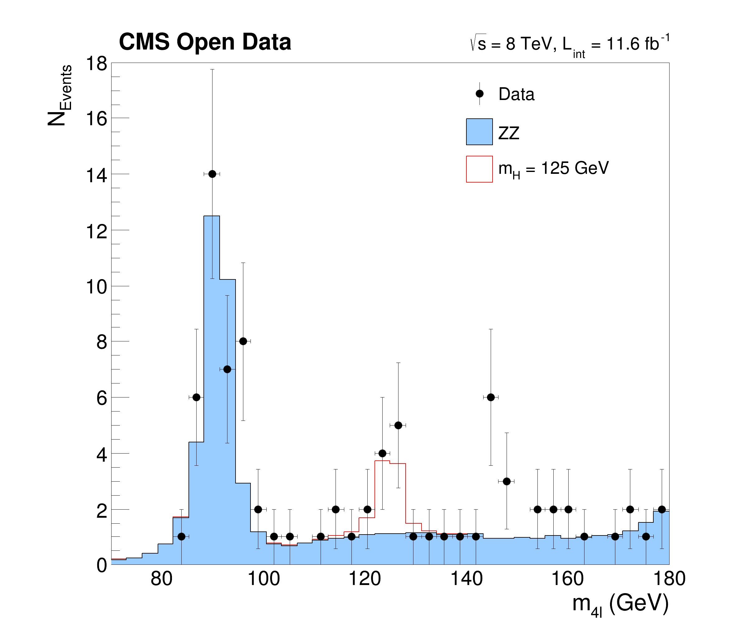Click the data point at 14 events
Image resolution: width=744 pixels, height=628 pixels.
pyautogui.click(x=212, y=174)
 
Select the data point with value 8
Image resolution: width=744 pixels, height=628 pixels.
pyautogui.click(x=243, y=341)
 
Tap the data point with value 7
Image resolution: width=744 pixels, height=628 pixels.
pyautogui.click(x=227, y=369)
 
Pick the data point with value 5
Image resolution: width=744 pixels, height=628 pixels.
pyautogui.click(x=398, y=426)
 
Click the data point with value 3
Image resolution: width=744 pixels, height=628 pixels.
pyautogui.click(x=507, y=482)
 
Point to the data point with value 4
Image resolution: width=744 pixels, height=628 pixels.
pyautogui.click(x=382, y=454)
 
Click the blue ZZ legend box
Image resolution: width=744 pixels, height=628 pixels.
pyautogui.click(x=479, y=132)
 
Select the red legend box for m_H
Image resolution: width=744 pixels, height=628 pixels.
pyautogui.click(x=479, y=169)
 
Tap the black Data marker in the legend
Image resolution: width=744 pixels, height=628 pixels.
pyautogui.click(x=479, y=94)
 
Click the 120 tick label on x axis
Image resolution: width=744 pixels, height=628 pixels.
pyautogui.click(x=365, y=578)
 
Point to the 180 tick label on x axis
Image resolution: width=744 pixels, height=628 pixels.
pyautogui.click(x=669, y=578)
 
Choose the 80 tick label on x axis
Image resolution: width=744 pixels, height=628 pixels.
pyautogui.click(x=161, y=578)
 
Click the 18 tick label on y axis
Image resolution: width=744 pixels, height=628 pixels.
pyautogui.click(x=97, y=64)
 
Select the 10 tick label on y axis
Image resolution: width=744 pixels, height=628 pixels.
pyautogui.click(x=97, y=287)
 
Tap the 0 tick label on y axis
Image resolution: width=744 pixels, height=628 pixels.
pyautogui.click(x=102, y=565)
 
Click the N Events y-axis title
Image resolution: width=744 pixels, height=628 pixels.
pyautogui.click(x=60, y=95)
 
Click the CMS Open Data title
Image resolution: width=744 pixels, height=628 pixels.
pyautogui.click(x=205, y=42)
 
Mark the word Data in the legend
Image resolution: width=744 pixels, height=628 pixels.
pyautogui.click(x=516, y=94)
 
